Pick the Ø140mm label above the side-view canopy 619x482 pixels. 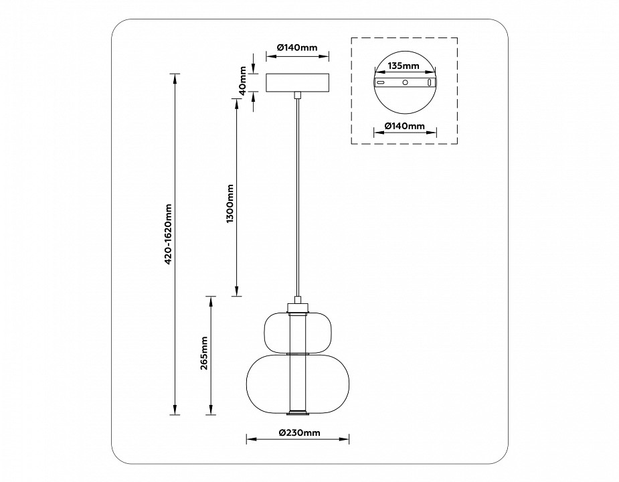(x=296, y=48)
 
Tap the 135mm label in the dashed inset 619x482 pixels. (x=404, y=66)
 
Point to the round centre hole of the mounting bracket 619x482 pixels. (x=404, y=82)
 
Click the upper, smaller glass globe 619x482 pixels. (x=297, y=331)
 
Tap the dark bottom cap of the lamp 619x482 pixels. (x=297, y=410)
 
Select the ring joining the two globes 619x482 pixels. (x=297, y=353)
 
